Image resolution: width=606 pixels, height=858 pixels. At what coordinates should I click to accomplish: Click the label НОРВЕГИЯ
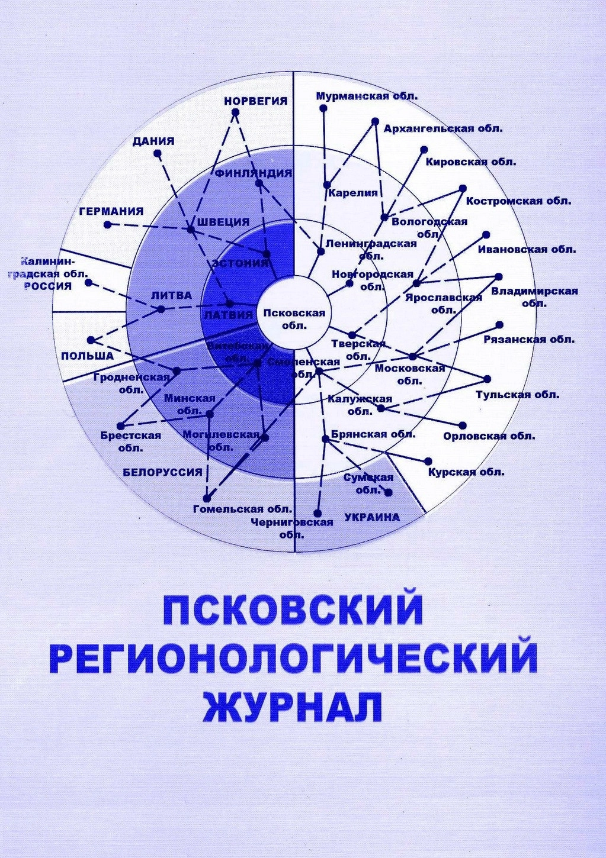point(255,101)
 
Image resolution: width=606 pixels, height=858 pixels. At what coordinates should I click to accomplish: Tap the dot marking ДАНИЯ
point(157,153)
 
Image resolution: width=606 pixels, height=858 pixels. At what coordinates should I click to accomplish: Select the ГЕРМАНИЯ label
point(111,211)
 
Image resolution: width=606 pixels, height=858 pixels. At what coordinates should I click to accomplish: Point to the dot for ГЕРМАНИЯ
point(107,225)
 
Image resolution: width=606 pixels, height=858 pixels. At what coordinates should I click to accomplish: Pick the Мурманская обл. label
point(367,96)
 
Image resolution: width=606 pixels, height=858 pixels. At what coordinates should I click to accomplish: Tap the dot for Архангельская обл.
point(375,121)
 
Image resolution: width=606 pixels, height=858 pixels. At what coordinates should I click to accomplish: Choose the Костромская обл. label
point(518,201)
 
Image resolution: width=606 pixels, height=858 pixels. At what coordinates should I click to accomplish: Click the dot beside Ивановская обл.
point(486,234)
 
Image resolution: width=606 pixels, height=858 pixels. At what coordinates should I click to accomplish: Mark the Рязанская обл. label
point(529,340)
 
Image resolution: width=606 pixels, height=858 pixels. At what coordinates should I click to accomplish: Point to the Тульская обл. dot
point(488,379)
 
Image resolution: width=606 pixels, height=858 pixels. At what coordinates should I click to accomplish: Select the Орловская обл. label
point(489,436)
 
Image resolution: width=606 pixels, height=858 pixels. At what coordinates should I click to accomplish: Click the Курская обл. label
point(466,472)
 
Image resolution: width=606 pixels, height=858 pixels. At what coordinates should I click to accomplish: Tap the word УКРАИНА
point(372,517)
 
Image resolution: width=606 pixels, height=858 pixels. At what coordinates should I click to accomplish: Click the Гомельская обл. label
point(243,509)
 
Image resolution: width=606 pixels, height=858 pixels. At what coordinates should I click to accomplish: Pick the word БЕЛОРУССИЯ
point(162,472)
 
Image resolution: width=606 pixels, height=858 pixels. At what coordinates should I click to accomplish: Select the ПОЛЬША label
point(87,356)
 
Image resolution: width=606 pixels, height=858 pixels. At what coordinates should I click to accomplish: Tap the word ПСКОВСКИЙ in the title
point(293,610)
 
